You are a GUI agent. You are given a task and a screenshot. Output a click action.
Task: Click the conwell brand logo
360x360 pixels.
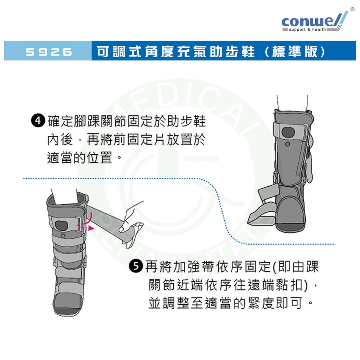315,21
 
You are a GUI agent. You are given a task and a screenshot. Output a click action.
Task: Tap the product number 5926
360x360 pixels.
49,52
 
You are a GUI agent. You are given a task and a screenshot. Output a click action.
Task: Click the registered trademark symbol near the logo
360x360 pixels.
352,9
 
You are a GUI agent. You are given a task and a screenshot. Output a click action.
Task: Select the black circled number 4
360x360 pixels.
38,121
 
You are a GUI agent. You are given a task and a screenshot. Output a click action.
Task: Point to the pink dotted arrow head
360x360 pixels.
92,228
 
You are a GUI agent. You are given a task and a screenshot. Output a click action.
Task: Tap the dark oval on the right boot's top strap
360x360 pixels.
288,132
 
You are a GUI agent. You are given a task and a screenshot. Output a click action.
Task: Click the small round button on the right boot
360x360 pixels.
287,144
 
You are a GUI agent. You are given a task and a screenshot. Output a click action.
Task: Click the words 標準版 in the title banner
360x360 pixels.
295,51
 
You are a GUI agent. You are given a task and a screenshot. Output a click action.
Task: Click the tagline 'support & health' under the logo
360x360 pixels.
307,30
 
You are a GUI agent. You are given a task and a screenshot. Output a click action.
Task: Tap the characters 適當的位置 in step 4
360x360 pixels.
79,157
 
